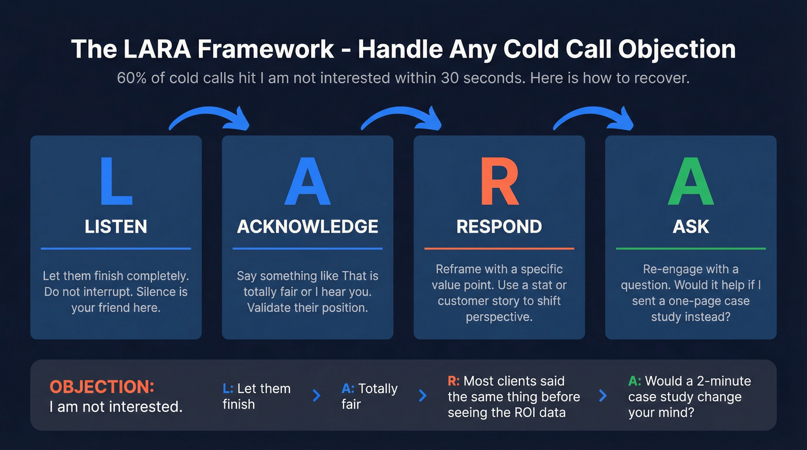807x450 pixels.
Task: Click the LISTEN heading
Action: click(x=116, y=226)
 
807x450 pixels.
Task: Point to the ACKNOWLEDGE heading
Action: click(x=307, y=226)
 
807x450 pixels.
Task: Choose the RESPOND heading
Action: click(x=499, y=226)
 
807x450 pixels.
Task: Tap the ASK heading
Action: click(x=691, y=226)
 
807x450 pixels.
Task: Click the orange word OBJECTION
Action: click(x=101, y=387)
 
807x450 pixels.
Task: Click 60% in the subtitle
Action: click(x=131, y=78)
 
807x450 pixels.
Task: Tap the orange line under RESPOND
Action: click(x=499, y=248)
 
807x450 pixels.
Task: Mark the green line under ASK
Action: click(x=691, y=248)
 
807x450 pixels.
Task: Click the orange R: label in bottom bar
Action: click(x=454, y=381)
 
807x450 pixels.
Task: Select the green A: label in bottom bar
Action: click(x=635, y=381)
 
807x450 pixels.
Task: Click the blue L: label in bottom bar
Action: click(x=228, y=389)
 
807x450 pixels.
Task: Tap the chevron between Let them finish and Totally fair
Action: click(x=316, y=395)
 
